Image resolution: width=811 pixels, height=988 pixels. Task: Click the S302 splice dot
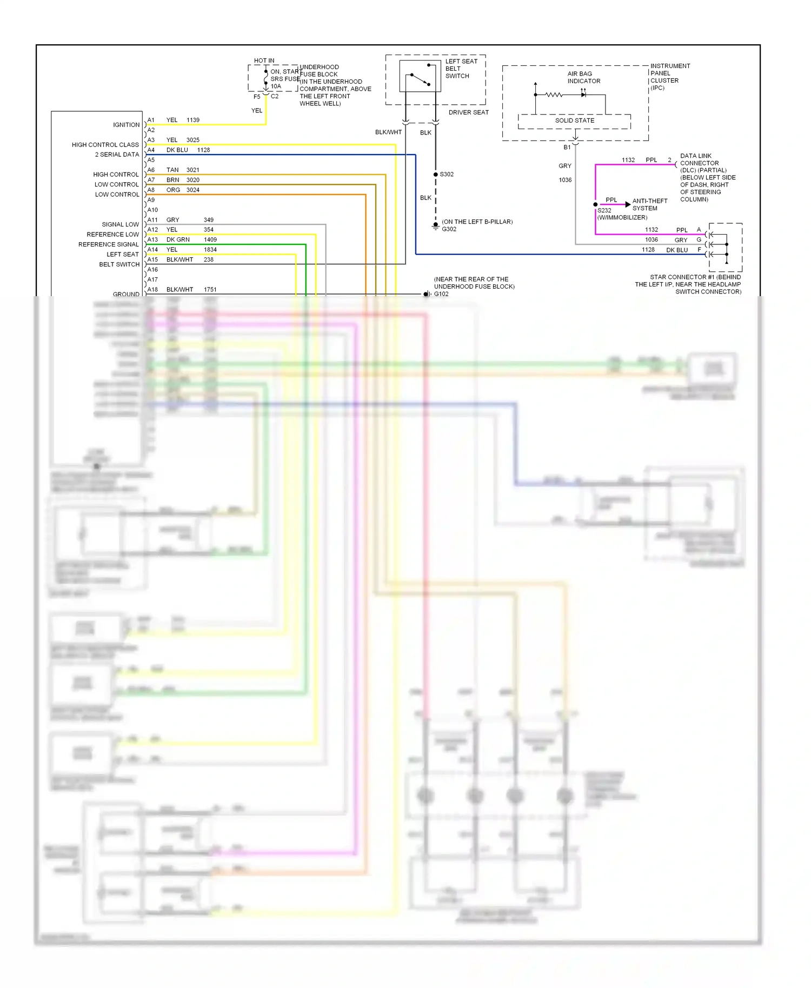click(x=436, y=175)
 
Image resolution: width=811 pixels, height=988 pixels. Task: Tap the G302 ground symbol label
click(x=449, y=229)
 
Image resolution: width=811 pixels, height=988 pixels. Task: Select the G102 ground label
click(x=441, y=294)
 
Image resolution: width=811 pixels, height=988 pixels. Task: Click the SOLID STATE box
click(x=574, y=121)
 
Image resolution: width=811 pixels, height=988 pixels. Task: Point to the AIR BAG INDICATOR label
click(x=583, y=77)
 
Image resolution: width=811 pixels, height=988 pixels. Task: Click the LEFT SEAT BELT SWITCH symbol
click(x=420, y=76)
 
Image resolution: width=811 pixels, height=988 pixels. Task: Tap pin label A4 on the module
click(x=151, y=150)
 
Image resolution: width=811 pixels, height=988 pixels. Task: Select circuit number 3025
click(x=193, y=140)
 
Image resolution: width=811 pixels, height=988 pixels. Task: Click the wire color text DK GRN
click(x=178, y=239)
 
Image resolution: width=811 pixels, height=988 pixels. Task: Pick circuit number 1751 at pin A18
click(x=210, y=290)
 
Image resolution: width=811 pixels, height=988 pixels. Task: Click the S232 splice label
click(x=604, y=211)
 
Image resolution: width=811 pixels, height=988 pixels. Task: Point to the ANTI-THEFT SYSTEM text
click(x=649, y=204)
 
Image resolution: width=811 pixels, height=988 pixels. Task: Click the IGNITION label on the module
click(x=126, y=125)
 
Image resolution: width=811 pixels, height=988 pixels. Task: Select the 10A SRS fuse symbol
click(x=266, y=79)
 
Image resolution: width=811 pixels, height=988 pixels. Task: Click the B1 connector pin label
click(x=567, y=147)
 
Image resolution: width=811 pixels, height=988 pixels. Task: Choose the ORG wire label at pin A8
click(x=173, y=190)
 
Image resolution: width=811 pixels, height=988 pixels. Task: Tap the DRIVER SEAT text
click(x=468, y=112)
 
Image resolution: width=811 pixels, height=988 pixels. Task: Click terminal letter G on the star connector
click(x=699, y=239)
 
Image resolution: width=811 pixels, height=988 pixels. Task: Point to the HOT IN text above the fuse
click(x=264, y=61)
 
